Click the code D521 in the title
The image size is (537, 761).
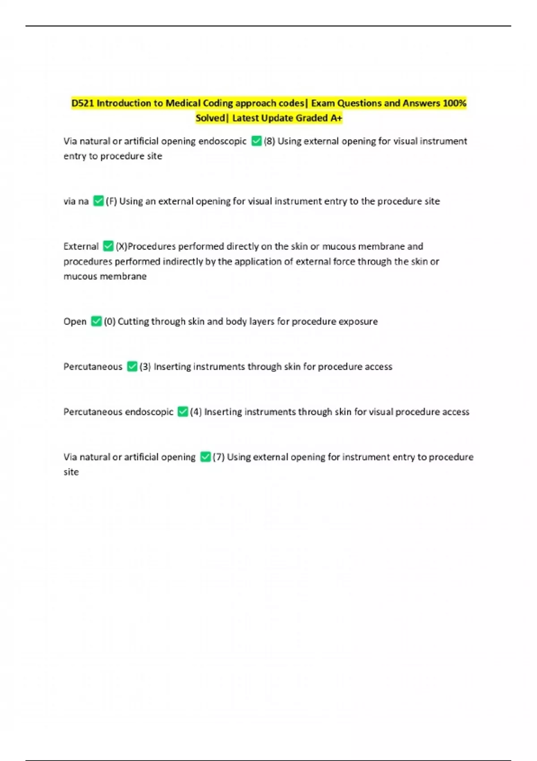(x=83, y=103)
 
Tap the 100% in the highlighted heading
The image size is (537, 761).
(x=454, y=103)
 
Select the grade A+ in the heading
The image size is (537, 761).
(x=336, y=118)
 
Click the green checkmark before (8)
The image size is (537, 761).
(x=256, y=141)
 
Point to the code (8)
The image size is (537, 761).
(x=269, y=141)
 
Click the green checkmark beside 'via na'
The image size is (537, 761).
(x=98, y=201)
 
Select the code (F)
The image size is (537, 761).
(x=111, y=201)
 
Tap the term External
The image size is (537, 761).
(x=81, y=247)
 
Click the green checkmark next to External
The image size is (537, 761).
(x=108, y=246)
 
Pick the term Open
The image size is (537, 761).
(x=75, y=321)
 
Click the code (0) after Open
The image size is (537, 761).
(x=110, y=321)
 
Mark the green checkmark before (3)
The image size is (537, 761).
(x=132, y=367)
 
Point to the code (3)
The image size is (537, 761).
(x=145, y=367)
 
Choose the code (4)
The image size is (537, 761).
(x=196, y=412)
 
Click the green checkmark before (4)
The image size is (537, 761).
(x=183, y=412)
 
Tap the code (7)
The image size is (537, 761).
(x=218, y=457)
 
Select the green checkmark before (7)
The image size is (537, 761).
(x=205, y=457)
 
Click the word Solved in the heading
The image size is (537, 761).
(x=210, y=118)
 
